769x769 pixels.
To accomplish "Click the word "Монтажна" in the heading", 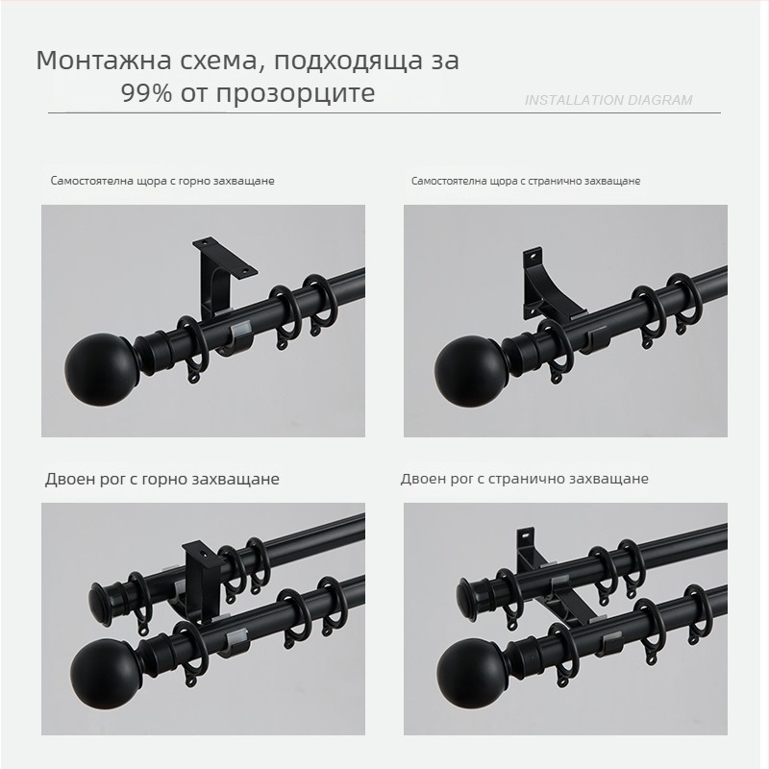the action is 105,61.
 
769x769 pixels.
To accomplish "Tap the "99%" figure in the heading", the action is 147,92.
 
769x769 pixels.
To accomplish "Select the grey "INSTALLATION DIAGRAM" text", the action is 608,100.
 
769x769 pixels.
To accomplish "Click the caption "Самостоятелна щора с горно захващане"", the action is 162,181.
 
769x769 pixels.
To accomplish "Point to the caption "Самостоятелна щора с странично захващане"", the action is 526,181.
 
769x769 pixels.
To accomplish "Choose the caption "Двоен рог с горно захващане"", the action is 162,479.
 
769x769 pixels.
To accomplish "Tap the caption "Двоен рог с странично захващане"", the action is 524,479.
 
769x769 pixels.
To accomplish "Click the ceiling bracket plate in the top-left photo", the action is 225,257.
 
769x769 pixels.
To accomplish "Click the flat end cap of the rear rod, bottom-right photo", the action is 464,597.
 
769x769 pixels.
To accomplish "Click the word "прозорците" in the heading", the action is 296,93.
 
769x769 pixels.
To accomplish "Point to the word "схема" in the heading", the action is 219,62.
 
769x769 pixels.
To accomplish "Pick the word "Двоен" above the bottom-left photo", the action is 69,479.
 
